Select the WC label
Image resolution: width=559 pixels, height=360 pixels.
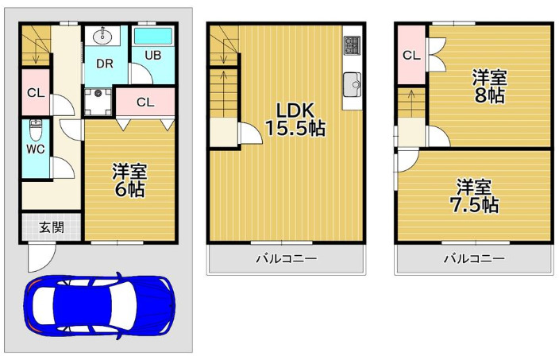point(34,149)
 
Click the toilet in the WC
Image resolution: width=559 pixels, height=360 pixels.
point(36,128)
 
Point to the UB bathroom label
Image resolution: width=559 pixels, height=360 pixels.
point(152,56)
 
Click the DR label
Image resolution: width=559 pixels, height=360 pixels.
point(105,64)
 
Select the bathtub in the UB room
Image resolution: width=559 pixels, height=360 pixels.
point(154,37)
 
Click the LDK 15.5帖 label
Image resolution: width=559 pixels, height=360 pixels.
point(289,118)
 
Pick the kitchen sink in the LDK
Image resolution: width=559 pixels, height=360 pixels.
point(352,83)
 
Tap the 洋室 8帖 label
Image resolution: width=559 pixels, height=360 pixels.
point(488,86)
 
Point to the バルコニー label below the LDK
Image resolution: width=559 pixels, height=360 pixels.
point(286,259)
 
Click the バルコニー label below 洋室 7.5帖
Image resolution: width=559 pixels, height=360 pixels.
point(474,259)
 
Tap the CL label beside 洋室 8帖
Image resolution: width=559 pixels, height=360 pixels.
point(411,56)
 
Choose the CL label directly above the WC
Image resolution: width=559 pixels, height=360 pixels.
point(36,92)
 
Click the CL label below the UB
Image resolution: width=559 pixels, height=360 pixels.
point(145,102)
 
